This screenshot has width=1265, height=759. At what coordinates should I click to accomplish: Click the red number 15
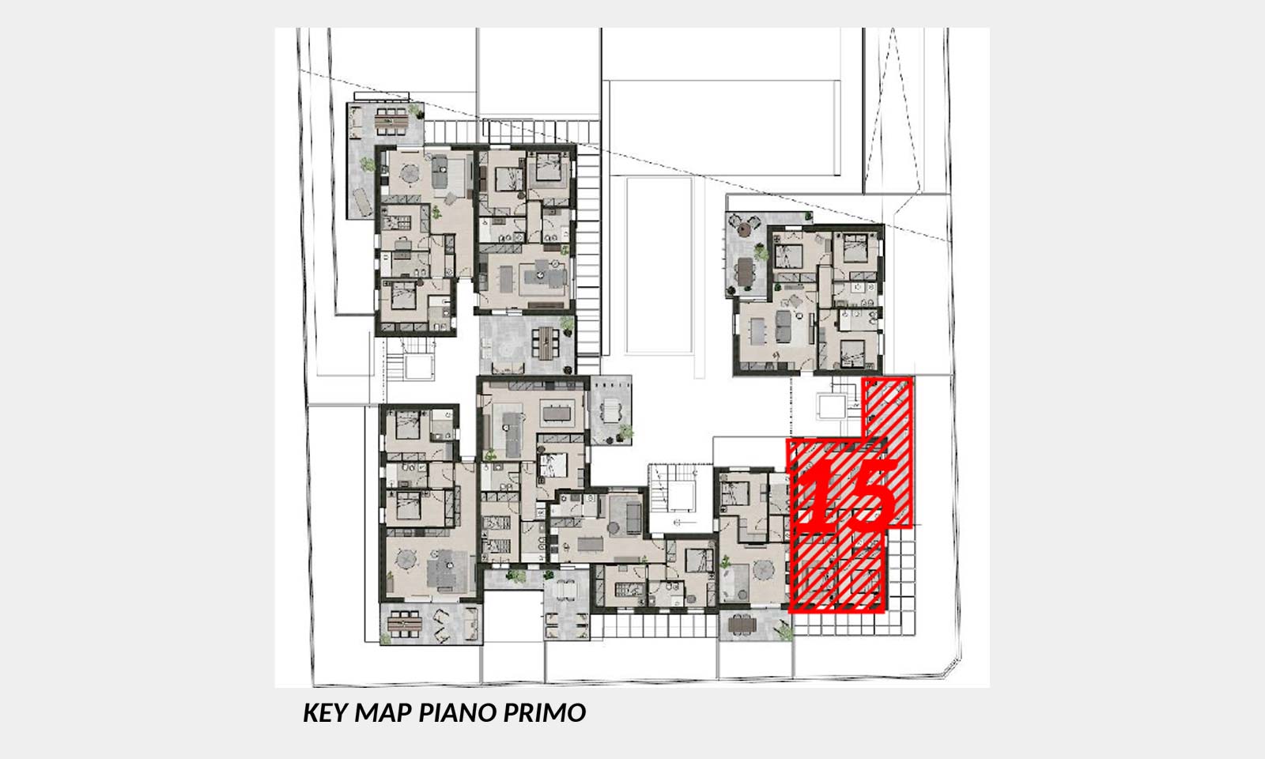851,494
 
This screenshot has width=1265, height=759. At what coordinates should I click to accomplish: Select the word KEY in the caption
325,712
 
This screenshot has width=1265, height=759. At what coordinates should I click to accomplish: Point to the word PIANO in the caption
458,712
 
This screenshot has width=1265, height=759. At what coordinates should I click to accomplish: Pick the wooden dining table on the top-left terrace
391,120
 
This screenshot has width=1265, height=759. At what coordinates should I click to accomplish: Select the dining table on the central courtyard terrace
546,343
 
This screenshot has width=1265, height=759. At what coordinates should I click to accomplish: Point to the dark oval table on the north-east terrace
746,271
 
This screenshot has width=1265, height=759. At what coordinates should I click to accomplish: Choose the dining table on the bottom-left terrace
405,624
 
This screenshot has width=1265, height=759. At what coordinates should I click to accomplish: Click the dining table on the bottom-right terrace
742,625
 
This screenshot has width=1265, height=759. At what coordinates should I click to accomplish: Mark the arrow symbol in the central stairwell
685,523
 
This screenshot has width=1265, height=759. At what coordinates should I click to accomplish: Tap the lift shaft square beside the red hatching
831,406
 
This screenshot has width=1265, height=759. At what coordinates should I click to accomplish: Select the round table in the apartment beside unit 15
763,570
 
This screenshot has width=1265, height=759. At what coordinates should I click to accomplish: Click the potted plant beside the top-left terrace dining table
416,110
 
